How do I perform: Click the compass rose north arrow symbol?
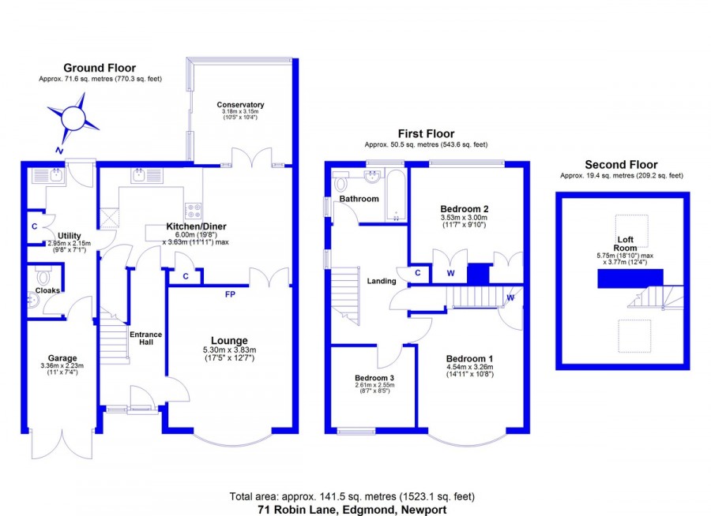pos(73,118)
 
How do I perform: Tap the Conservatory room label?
pos(240,105)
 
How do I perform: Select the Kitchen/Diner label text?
pos(196,226)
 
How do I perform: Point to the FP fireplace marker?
pos(231,294)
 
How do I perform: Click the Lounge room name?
pos(229,341)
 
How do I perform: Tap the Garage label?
pos(62,358)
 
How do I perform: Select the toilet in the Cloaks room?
pos(44,275)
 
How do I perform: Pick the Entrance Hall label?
pos(145,338)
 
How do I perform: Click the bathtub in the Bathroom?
pos(396,196)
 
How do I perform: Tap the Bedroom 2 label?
pos(465,209)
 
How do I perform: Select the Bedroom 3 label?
pos(374,378)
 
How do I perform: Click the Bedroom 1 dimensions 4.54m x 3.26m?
pos(470,367)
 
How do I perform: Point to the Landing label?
pos(382,282)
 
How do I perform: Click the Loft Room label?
pos(626,244)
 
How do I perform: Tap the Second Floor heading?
pos(621,164)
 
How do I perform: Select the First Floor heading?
pos(426,133)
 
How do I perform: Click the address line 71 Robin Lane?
pos(352,510)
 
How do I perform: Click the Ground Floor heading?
pos(100,68)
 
